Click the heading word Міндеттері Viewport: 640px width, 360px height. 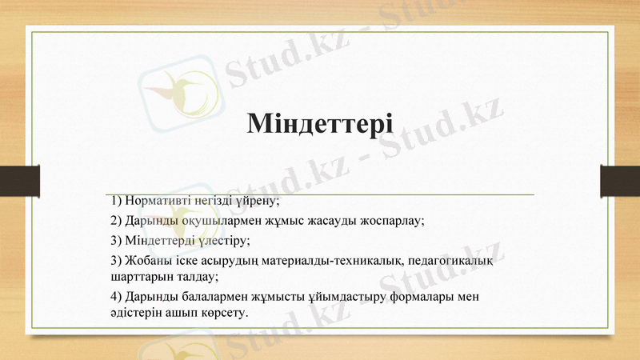[320, 124]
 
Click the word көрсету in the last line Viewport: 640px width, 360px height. [226, 314]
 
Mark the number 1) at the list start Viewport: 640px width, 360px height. [117, 199]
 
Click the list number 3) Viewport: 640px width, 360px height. [117, 239]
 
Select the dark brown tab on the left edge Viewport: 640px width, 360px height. [19, 180]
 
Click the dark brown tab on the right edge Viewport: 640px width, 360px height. [620, 180]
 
